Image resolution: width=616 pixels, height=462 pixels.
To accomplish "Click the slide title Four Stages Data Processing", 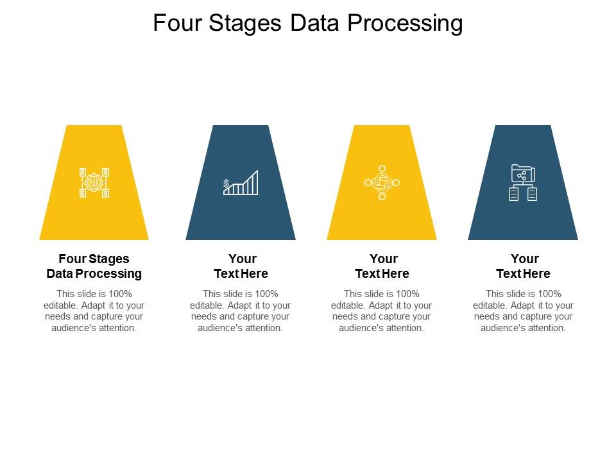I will [x=308, y=23].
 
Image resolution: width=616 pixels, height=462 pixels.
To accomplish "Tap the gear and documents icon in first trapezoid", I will [x=94, y=183].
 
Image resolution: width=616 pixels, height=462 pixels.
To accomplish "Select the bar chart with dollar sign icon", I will [x=241, y=183].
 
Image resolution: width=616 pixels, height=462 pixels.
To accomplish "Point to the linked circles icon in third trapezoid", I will [x=382, y=183].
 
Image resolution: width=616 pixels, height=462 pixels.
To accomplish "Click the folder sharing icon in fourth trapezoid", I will [x=523, y=183].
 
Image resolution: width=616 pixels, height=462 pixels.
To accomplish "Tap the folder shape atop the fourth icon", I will [x=523, y=173].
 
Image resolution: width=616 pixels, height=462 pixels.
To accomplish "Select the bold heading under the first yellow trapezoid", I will [x=94, y=266].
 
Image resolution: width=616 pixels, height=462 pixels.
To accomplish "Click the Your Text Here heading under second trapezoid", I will [x=241, y=266].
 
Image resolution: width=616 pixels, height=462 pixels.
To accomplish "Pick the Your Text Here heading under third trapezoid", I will [x=382, y=266].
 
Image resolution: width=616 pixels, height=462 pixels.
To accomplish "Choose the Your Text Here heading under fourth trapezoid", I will [x=523, y=266].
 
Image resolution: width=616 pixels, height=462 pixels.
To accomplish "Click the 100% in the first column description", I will [x=120, y=295].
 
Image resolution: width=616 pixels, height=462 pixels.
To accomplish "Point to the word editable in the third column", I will [x=348, y=305].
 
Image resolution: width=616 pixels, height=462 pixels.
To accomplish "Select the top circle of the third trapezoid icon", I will [x=382, y=169].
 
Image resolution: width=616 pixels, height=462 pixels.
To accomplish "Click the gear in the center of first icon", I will [x=94, y=183].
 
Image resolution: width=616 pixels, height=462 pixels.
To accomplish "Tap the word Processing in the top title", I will [x=405, y=23].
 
